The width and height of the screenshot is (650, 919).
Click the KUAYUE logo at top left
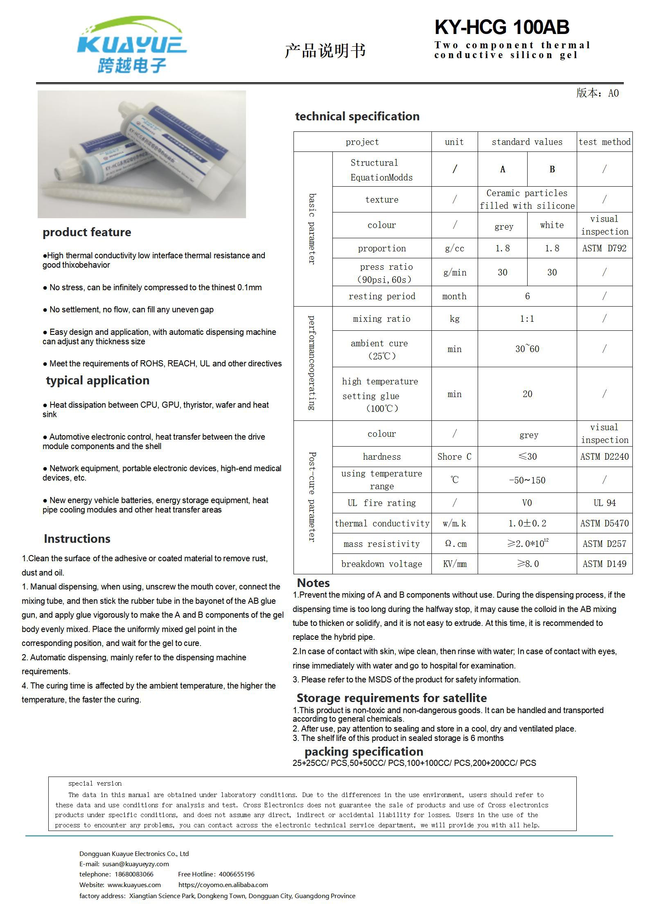click(x=132, y=45)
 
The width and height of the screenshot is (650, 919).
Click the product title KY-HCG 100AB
click(x=501, y=27)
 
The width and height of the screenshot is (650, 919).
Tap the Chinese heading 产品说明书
click(x=325, y=51)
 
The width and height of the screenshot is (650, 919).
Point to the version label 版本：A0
click(x=597, y=93)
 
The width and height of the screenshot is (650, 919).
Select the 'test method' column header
click(x=604, y=142)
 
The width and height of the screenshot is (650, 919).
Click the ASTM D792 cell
click(x=604, y=248)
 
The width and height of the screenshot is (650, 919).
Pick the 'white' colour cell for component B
click(x=552, y=225)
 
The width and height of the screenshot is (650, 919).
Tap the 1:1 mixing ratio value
click(x=527, y=319)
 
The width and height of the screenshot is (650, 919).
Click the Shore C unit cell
click(x=454, y=457)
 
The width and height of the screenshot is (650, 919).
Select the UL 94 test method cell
click(x=604, y=503)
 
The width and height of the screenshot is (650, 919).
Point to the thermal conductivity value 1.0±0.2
click(x=527, y=524)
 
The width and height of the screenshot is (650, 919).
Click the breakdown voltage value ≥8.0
click(x=528, y=564)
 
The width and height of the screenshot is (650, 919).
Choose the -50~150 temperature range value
click(x=527, y=480)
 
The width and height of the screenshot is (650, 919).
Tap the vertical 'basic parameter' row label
click(x=312, y=229)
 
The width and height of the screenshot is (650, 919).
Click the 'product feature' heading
click(x=87, y=233)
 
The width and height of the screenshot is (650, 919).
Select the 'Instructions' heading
click(x=77, y=539)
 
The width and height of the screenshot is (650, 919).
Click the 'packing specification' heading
click(x=363, y=752)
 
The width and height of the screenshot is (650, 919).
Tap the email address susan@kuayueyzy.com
click(x=135, y=864)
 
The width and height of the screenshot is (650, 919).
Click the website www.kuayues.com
click(x=134, y=885)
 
